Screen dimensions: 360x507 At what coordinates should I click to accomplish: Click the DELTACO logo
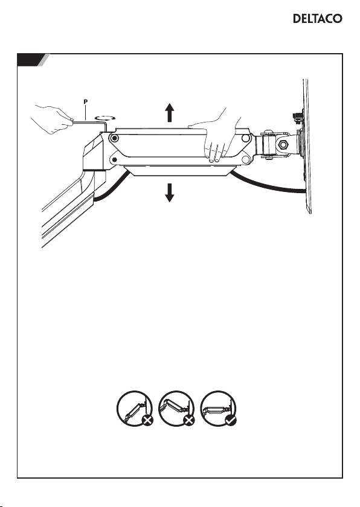pos(317,19)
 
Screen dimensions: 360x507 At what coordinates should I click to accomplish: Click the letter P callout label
pos(85,101)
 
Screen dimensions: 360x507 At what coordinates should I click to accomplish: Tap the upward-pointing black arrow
pos(170,112)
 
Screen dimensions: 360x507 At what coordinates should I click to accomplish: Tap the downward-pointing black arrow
pos(170,193)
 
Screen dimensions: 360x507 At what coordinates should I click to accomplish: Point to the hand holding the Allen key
pos(52,119)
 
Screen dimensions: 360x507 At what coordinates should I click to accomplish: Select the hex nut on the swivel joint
pos(283,144)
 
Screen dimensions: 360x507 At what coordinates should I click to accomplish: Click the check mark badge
pos(231,420)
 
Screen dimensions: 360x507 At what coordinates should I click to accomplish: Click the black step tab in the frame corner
pos(31,60)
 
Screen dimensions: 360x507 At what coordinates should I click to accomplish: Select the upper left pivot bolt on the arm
pos(114,139)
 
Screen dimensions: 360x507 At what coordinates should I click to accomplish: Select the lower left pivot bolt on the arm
pos(114,159)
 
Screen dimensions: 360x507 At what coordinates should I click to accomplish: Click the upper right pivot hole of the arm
pos(245,138)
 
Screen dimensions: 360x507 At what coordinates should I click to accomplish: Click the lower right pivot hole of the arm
pos(245,159)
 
